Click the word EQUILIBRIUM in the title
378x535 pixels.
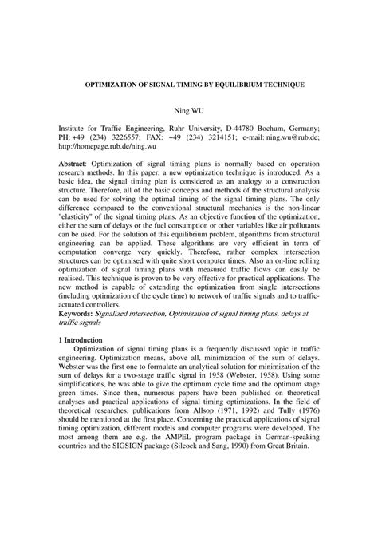point(222,84)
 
